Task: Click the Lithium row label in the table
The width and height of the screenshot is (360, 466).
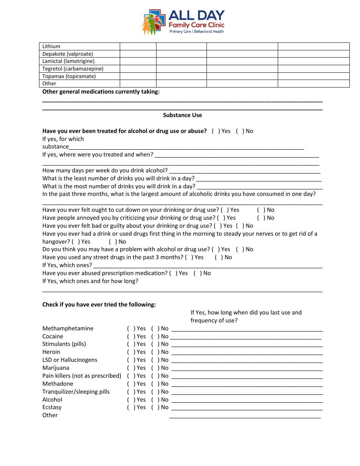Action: tap(51, 46)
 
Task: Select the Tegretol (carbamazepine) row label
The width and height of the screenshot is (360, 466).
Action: tap(73, 69)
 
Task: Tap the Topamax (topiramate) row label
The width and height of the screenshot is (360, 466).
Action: tap(69, 76)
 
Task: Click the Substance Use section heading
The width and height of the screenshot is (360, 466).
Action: tap(182, 115)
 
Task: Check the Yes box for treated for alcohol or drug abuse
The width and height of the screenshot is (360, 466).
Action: tap(215, 131)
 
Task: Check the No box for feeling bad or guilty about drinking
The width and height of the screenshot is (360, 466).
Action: tap(239, 226)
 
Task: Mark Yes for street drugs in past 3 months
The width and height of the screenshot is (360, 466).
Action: tap(188, 257)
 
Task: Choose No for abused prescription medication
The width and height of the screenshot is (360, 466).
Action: tap(197, 273)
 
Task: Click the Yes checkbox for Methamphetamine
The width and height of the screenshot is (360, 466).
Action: tap(130, 328)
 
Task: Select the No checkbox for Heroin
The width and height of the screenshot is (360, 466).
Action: tap(155, 352)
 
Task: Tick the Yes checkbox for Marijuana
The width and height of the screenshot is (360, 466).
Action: tap(130, 368)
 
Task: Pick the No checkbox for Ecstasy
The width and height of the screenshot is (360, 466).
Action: tap(155, 407)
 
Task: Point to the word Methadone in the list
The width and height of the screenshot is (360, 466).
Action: tap(58, 384)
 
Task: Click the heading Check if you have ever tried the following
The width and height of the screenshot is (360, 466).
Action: tap(99, 305)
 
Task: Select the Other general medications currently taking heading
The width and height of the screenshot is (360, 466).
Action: tap(101, 92)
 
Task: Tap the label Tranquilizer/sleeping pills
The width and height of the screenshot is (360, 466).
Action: tap(76, 392)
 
